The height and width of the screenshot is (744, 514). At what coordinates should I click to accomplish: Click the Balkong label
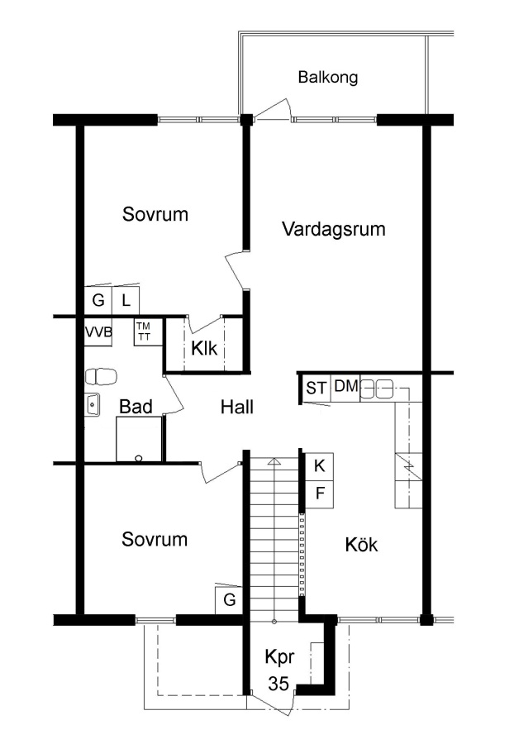(327, 77)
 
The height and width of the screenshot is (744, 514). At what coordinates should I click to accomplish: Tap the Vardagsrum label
(333, 229)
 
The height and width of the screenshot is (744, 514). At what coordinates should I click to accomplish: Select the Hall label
(237, 407)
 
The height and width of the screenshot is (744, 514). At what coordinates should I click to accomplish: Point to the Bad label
(136, 407)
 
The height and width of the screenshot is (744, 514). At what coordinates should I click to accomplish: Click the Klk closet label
(204, 348)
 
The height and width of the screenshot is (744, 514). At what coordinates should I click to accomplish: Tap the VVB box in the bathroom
(98, 332)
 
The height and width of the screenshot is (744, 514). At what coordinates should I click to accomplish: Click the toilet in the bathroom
(101, 377)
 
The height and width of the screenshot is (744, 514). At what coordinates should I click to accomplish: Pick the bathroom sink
(93, 405)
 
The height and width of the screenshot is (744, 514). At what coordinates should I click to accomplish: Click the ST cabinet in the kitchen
(316, 388)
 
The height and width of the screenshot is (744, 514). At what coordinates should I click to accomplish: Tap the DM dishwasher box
(345, 388)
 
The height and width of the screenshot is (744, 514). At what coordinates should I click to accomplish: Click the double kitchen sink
(378, 389)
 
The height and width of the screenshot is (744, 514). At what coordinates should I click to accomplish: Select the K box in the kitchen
(319, 466)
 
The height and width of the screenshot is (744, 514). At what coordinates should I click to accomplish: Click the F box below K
(319, 494)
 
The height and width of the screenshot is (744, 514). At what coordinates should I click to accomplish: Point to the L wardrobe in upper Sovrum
(126, 300)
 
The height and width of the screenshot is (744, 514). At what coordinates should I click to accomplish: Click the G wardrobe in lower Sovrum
(229, 600)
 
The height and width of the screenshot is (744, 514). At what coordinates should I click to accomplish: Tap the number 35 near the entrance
(278, 684)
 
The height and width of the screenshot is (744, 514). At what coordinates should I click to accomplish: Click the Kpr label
(279, 657)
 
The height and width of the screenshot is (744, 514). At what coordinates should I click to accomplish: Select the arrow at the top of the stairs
(274, 461)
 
